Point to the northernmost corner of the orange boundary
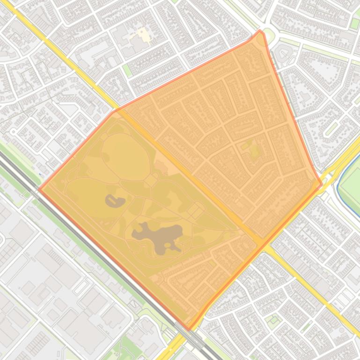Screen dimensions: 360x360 coord(260,31)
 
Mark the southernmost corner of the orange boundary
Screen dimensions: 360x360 coord(189,329)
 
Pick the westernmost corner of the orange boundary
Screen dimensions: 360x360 coord(39,177)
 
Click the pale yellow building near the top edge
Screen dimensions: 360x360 coord(142,34)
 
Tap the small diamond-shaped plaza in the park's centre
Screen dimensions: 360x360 coord(150,180)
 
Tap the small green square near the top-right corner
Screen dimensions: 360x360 coord(355,23)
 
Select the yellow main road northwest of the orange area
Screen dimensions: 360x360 coord(70,61)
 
